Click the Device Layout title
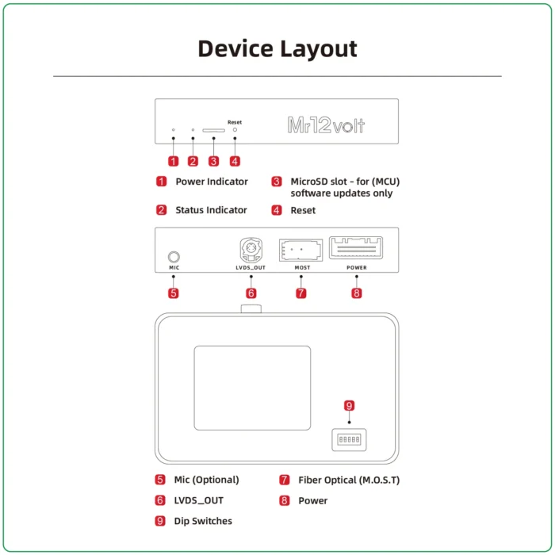(x=277, y=48)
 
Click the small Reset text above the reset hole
(x=235, y=122)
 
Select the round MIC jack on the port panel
(x=173, y=257)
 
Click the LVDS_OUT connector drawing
(x=251, y=251)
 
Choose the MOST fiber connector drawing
(x=301, y=250)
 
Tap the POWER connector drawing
(x=356, y=248)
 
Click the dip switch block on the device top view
(x=349, y=439)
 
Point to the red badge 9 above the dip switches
(x=349, y=406)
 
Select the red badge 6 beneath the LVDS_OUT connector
(x=251, y=293)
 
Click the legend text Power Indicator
(x=211, y=182)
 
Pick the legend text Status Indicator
(x=211, y=210)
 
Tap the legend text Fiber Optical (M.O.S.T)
(x=349, y=480)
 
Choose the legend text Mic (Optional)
(x=206, y=480)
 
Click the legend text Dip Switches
(x=203, y=521)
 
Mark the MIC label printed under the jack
(x=174, y=268)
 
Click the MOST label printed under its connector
(x=301, y=268)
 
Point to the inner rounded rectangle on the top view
(x=252, y=388)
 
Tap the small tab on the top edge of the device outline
(x=251, y=308)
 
